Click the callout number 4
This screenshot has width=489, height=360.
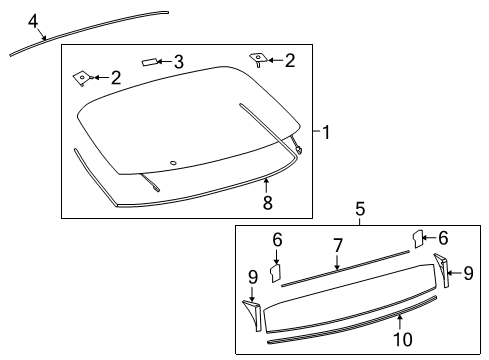pyautogui.click(x=33, y=19)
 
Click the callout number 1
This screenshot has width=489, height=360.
pyautogui.click(x=325, y=130)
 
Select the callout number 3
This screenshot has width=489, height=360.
pyautogui.click(x=178, y=62)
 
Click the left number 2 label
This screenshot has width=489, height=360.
pyautogui.click(x=116, y=76)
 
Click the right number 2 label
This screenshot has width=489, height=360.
pyautogui.click(x=290, y=61)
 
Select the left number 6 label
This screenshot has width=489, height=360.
pyautogui.click(x=278, y=241)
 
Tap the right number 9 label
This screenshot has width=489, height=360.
pyautogui.click(x=468, y=272)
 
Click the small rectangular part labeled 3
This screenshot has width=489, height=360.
pyautogui.click(x=150, y=62)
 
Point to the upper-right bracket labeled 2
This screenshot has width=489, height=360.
pyautogui.click(x=258, y=59)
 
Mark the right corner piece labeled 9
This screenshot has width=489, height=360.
pyautogui.click(x=441, y=271)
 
